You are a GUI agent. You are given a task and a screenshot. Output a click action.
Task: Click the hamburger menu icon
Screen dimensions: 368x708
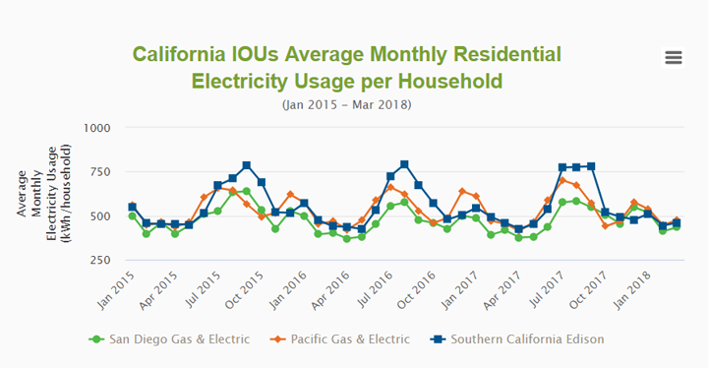pos(674,58)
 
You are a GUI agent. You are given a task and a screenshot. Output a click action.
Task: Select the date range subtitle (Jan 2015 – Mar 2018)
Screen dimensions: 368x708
pos(346,103)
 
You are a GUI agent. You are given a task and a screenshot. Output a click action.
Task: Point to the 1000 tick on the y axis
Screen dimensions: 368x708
pos(96,128)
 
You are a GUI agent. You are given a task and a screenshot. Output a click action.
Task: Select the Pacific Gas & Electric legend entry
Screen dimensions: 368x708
pos(340,339)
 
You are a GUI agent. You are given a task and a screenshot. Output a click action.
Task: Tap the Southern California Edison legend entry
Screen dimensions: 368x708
pos(517,339)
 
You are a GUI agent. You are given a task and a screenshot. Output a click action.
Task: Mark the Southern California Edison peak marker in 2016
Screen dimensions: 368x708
pos(404,164)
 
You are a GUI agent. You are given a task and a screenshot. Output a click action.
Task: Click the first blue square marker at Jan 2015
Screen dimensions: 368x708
pos(133,208)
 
